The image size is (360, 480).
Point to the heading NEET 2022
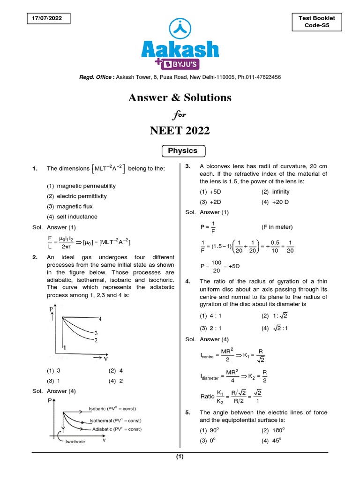pos(180,131)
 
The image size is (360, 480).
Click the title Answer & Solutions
pos(180,97)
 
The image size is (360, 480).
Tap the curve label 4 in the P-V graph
pos(100,319)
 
